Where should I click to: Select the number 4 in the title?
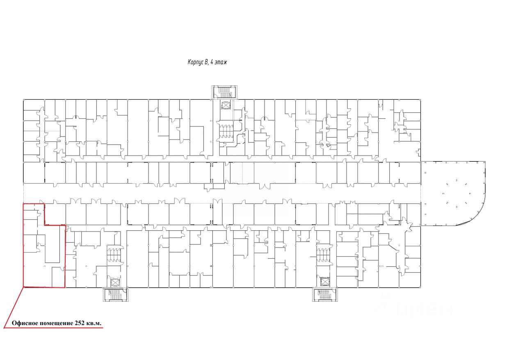coord(212,62)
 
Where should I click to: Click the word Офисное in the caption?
coord(25,323)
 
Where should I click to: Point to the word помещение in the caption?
coord(56,323)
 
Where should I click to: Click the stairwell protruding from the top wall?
coord(225,92)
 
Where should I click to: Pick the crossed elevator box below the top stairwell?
coord(226,105)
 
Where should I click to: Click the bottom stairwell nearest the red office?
coord(116,294)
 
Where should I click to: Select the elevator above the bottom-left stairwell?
coord(115,282)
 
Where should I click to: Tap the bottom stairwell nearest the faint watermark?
coord(325,294)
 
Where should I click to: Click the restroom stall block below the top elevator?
coord(226,131)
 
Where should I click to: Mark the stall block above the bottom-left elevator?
coord(115,255)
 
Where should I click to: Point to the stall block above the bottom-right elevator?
coord(324,255)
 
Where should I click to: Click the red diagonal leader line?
coord(14,307)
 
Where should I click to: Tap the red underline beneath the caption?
coord(54,328)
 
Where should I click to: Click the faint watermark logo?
coord(413,309)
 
